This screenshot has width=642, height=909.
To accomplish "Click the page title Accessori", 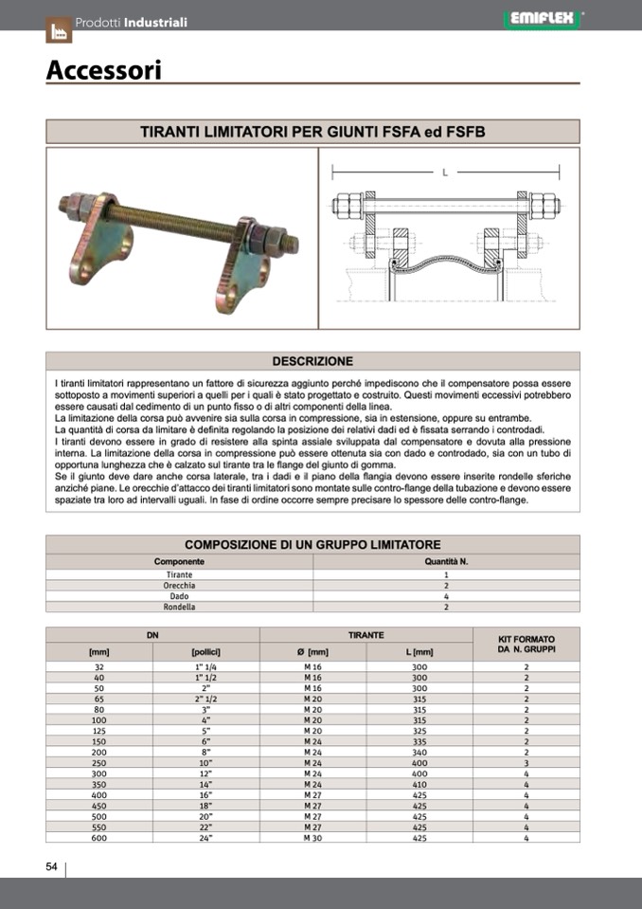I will (x=104, y=70).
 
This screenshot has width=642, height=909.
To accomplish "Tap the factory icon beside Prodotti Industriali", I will (x=59, y=30).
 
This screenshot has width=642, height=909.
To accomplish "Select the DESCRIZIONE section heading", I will (x=312, y=361).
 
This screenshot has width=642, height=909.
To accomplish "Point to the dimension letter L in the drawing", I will (x=444, y=172).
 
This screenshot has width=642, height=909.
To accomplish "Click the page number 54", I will (x=52, y=866).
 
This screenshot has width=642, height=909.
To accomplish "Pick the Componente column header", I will (x=179, y=561).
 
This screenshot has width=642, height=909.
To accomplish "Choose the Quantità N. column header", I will (x=446, y=561).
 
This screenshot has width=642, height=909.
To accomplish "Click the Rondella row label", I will (x=179, y=607).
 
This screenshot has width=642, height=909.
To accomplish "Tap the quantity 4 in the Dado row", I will (x=446, y=596).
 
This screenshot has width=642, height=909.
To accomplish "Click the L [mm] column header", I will (x=419, y=652).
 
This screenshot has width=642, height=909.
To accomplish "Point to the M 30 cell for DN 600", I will (x=312, y=838).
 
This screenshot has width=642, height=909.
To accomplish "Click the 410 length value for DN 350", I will (x=419, y=785).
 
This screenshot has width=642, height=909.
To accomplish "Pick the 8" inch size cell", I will (x=205, y=753).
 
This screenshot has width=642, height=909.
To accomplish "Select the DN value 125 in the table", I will (x=98, y=731).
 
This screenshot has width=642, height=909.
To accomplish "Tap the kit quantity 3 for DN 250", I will (x=526, y=763).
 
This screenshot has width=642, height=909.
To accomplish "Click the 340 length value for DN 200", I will (x=419, y=753).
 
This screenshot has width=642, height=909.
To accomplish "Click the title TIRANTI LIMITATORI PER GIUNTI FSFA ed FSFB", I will (x=312, y=132).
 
